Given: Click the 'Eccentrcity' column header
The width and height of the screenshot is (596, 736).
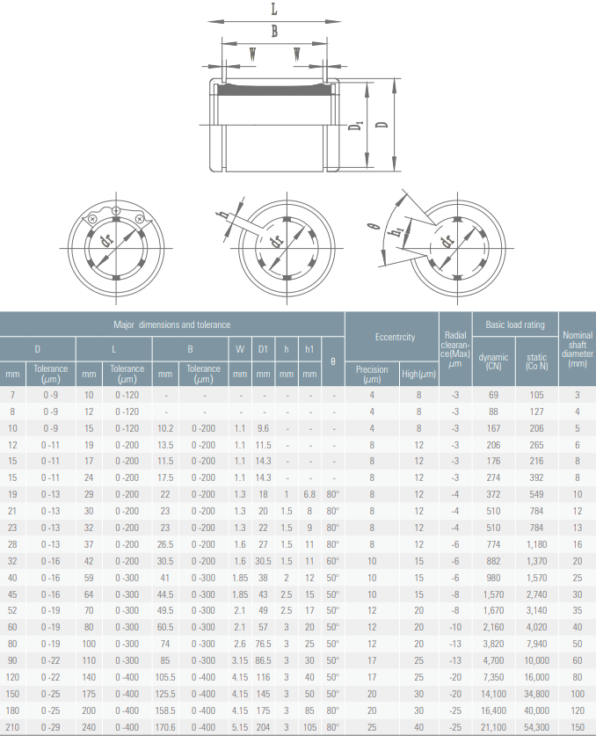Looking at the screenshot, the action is pyautogui.click(x=395, y=337).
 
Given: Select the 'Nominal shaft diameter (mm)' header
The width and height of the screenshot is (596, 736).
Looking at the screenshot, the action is pyautogui.click(x=578, y=349).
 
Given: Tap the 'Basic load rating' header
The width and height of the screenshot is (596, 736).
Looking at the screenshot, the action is pyautogui.click(x=515, y=324).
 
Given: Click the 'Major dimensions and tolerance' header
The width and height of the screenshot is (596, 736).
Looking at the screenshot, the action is pyautogui.click(x=171, y=324).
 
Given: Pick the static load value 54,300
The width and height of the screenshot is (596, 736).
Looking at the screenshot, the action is pyautogui.click(x=536, y=727).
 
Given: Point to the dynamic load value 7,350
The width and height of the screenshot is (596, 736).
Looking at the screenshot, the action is pyautogui.click(x=493, y=677).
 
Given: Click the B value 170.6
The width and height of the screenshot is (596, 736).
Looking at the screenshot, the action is pyautogui.click(x=165, y=727).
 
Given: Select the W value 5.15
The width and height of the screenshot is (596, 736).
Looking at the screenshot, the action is pyautogui.click(x=240, y=727).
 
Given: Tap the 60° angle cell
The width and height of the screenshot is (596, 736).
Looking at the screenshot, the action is pyautogui.click(x=333, y=561).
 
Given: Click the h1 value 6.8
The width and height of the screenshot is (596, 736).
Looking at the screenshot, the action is pyautogui.click(x=309, y=494).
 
